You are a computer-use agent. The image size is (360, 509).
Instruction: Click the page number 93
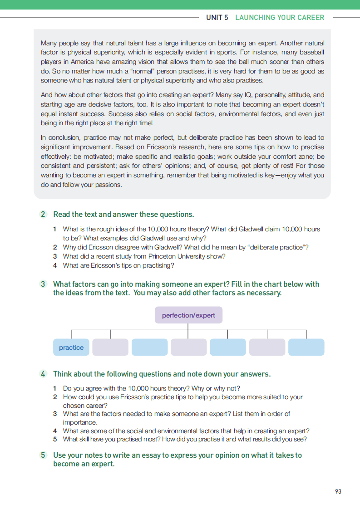[338, 491]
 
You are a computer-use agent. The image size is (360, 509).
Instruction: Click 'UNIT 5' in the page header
[217, 18]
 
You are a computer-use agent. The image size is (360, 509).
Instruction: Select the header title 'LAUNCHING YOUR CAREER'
[280, 18]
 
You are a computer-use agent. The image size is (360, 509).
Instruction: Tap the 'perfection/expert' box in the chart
[188, 315]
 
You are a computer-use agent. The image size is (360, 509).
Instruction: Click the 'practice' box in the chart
[71, 347]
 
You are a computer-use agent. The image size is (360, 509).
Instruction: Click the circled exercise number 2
[43, 214]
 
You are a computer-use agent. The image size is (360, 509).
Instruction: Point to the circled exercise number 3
[43, 284]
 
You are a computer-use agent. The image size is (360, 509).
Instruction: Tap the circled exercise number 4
[43, 374]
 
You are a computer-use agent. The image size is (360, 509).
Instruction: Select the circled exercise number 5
[43, 455]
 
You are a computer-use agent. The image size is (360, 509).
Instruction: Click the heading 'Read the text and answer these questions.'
[123, 214]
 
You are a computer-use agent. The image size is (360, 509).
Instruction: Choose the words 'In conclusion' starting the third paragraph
[59, 137]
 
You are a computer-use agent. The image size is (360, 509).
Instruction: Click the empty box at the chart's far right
[306, 347]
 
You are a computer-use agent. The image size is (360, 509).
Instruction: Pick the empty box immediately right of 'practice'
[110, 347]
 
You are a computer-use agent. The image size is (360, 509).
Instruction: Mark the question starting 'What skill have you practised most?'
[184, 440]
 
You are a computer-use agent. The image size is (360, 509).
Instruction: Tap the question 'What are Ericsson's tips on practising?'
[118, 265]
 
